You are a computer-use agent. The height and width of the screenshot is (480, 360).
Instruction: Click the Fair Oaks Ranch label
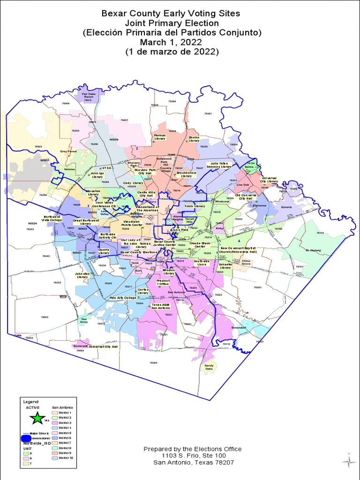tap(89, 95)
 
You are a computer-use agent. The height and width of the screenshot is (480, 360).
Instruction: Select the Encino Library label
tap(194, 139)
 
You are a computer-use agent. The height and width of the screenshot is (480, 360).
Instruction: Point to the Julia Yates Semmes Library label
tap(219, 165)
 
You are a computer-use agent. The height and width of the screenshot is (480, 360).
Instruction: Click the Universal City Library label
tap(270, 180)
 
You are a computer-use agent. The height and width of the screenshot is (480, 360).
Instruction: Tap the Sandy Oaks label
tap(209, 367)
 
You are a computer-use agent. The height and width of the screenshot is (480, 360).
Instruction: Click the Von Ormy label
tap(84, 321)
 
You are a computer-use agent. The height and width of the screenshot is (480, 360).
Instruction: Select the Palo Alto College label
tap(122, 298)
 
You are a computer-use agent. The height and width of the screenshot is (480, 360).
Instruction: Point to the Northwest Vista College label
tap(52, 218)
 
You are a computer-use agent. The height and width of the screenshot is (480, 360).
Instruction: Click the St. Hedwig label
tap(313, 250)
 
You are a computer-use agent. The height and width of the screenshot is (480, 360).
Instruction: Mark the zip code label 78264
tap(153, 363)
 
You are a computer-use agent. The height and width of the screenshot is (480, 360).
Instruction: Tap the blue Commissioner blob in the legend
tap(26, 439)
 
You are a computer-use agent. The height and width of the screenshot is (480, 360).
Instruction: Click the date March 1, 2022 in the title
tap(172, 42)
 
